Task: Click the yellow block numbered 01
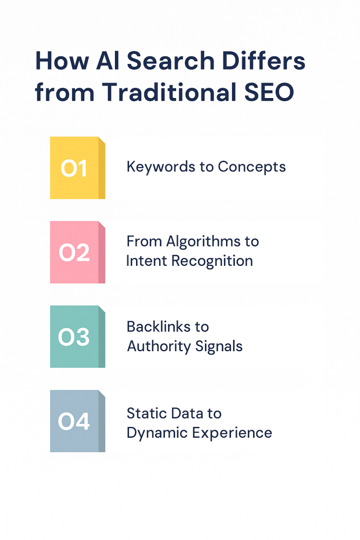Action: tap(77, 168)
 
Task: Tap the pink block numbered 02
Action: tap(77, 252)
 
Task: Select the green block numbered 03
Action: tap(77, 336)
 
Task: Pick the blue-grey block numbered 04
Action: tap(77, 421)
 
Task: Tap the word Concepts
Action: tap(251, 167)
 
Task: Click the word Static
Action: tap(144, 413)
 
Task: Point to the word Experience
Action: tap(232, 433)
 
